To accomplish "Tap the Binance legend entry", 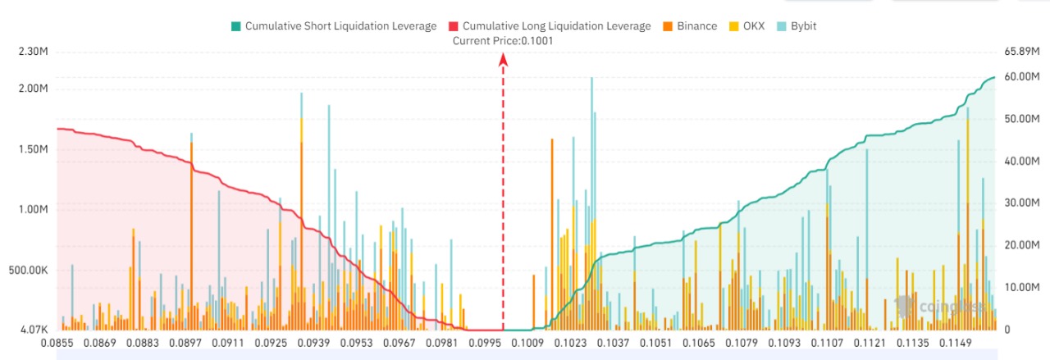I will click(694, 26).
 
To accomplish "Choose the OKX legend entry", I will click(748, 26).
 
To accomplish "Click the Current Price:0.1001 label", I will click(503, 40).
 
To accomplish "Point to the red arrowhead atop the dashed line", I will click(504, 59).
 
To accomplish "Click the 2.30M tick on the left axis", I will click(34, 52).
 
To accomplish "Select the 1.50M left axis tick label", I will click(34, 150).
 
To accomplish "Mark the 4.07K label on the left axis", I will click(34, 330).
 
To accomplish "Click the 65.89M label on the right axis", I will click(1022, 52).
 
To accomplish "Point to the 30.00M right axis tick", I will click(1022, 203).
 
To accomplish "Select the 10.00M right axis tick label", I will click(1022, 288).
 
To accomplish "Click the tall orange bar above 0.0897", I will click(191, 230).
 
